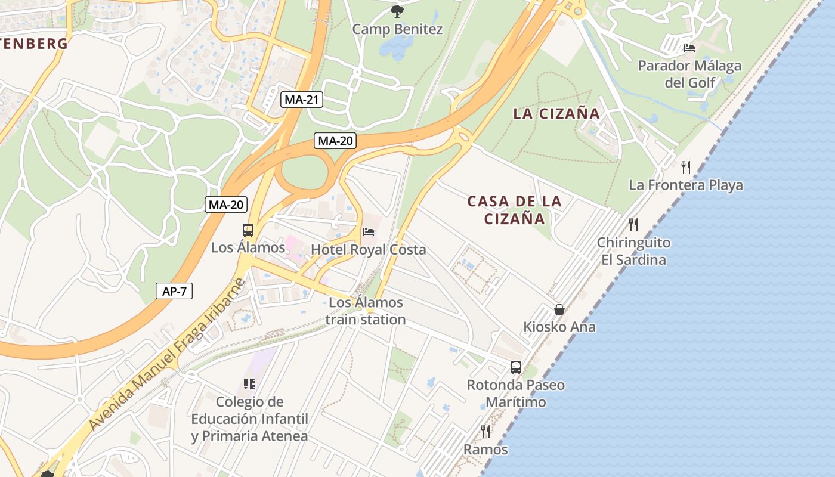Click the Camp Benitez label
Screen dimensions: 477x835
coord(397,29)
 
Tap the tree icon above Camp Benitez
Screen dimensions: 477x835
coord(397,11)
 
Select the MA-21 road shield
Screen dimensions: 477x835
coord(301,100)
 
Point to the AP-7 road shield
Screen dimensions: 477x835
coord(174,291)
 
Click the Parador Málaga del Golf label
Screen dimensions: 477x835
coord(689,73)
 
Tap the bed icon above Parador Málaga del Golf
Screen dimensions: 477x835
coord(689,48)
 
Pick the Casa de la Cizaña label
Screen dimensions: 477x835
coord(514,209)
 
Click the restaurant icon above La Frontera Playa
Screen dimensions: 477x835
coord(686,167)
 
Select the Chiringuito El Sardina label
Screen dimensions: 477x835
coord(633,251)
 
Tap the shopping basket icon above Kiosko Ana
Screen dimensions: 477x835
coord(559,309)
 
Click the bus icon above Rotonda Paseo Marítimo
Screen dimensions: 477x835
coord(515,367)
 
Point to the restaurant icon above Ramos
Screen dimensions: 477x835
coord(485,431)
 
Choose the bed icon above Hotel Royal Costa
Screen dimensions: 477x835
coord(369,231)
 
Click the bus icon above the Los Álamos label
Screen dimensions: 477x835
coord(248,230)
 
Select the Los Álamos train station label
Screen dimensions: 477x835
coord(366,311)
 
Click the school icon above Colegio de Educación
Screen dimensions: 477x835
coord(249,383)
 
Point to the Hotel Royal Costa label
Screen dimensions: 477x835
coord(369,249)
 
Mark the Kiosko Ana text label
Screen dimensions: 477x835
coord(559,327)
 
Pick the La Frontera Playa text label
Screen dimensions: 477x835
coord(686,185)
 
